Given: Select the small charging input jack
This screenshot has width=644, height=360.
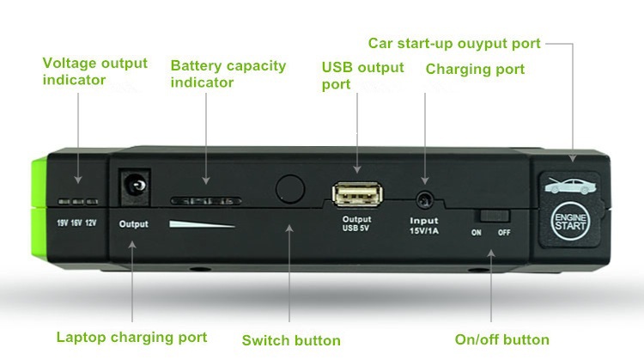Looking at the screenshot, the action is (x=423, y=199).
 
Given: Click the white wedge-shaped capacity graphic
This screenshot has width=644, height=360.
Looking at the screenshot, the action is (x=202, y=225).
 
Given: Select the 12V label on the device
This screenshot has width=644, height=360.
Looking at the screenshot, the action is (x=91, y=223).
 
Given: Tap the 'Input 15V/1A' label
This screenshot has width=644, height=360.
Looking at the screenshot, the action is (x=423, y=227).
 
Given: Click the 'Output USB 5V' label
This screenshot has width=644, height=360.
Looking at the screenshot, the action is (x=356, y=223).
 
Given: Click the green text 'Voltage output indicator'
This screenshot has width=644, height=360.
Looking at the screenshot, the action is (x=95, y=71).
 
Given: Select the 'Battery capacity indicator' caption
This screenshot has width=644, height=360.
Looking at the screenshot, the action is (x=227, y=74).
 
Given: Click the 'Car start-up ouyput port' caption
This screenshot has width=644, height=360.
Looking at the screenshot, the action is (x=454, y=43).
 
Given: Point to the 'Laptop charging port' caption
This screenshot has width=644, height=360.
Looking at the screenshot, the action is (x=131, y=338).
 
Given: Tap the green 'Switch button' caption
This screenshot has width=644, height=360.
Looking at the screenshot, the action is (x=291, y=340).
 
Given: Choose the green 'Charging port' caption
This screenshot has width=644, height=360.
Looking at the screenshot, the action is (x=475, y=69).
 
